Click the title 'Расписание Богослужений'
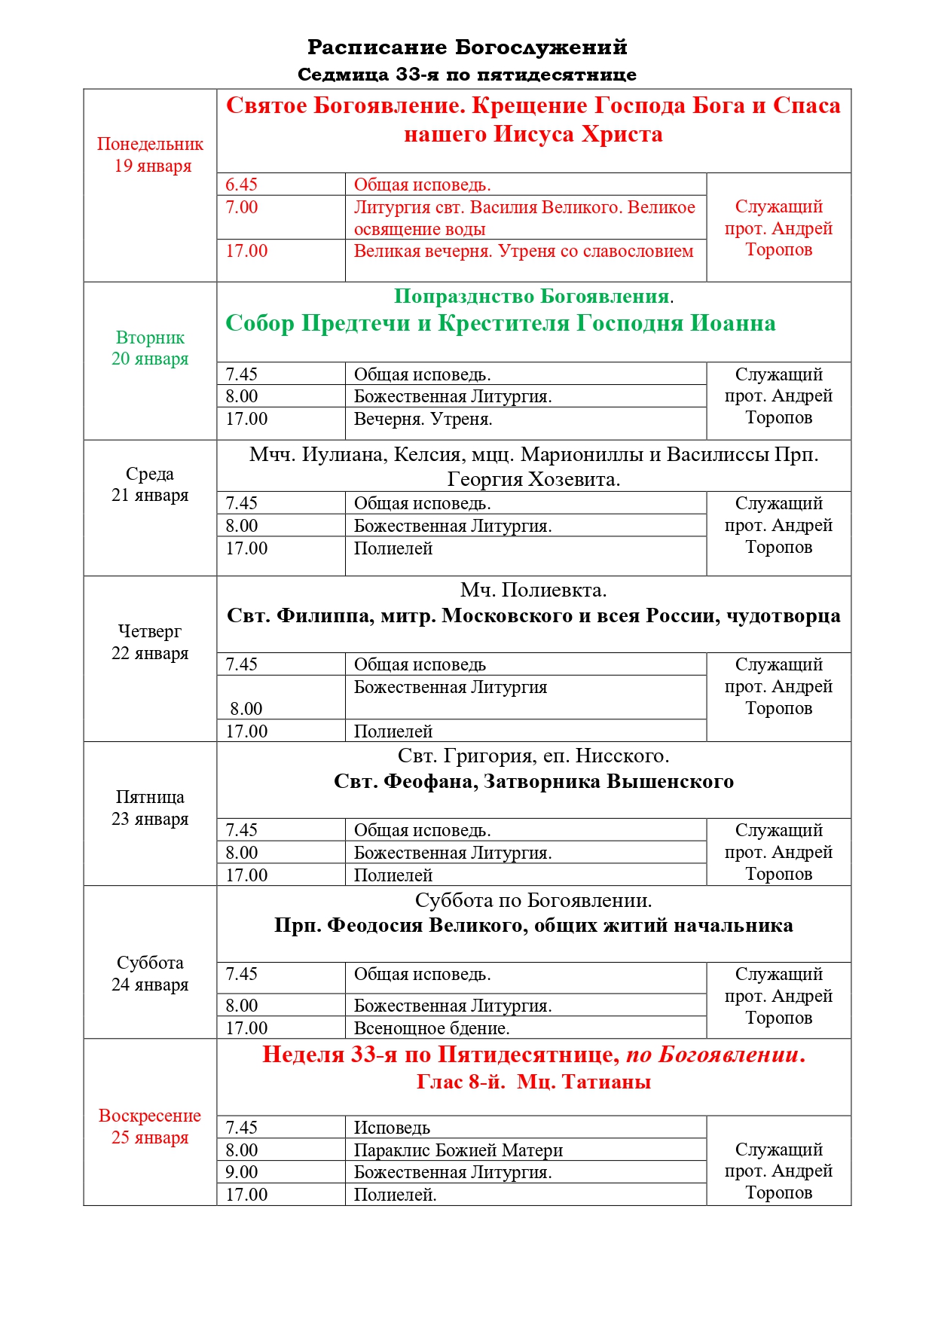click(467, 47)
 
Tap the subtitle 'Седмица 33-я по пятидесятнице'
click(467, 75)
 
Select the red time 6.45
click(242, 185)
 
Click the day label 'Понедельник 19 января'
click(150, 155)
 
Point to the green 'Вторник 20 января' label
click(150, 348)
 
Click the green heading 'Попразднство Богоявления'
click(531, 297)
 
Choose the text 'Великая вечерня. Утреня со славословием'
click(524, 251)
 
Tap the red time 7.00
click(242, 207)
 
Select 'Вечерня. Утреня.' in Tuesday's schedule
click(423, 419)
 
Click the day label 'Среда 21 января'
click(150, 484)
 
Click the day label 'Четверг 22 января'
click(150, 643)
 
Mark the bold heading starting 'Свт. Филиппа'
click(533, 616)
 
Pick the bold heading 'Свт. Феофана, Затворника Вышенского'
click(533, 782)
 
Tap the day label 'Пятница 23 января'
click(150, 808)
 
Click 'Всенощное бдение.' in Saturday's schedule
click(432, 1028)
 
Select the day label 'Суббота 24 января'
click(150, 974)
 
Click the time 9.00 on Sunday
click(242, 1172)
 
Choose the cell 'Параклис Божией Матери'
click(458, 1150)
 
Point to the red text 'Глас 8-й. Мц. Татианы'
click(533, 1082)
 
